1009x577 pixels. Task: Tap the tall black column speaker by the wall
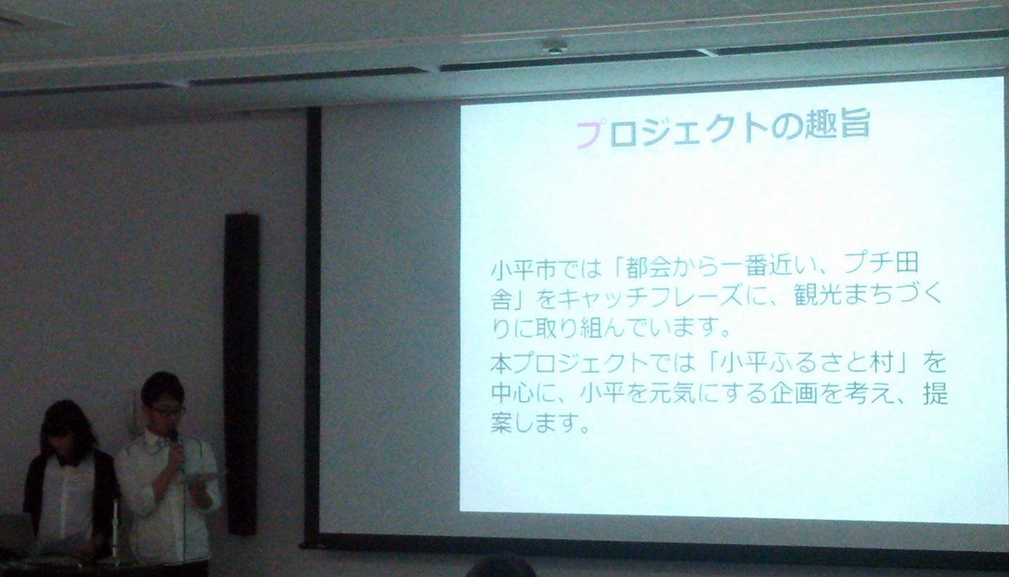point(241,374)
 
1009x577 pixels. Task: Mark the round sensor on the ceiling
point(555,46)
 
